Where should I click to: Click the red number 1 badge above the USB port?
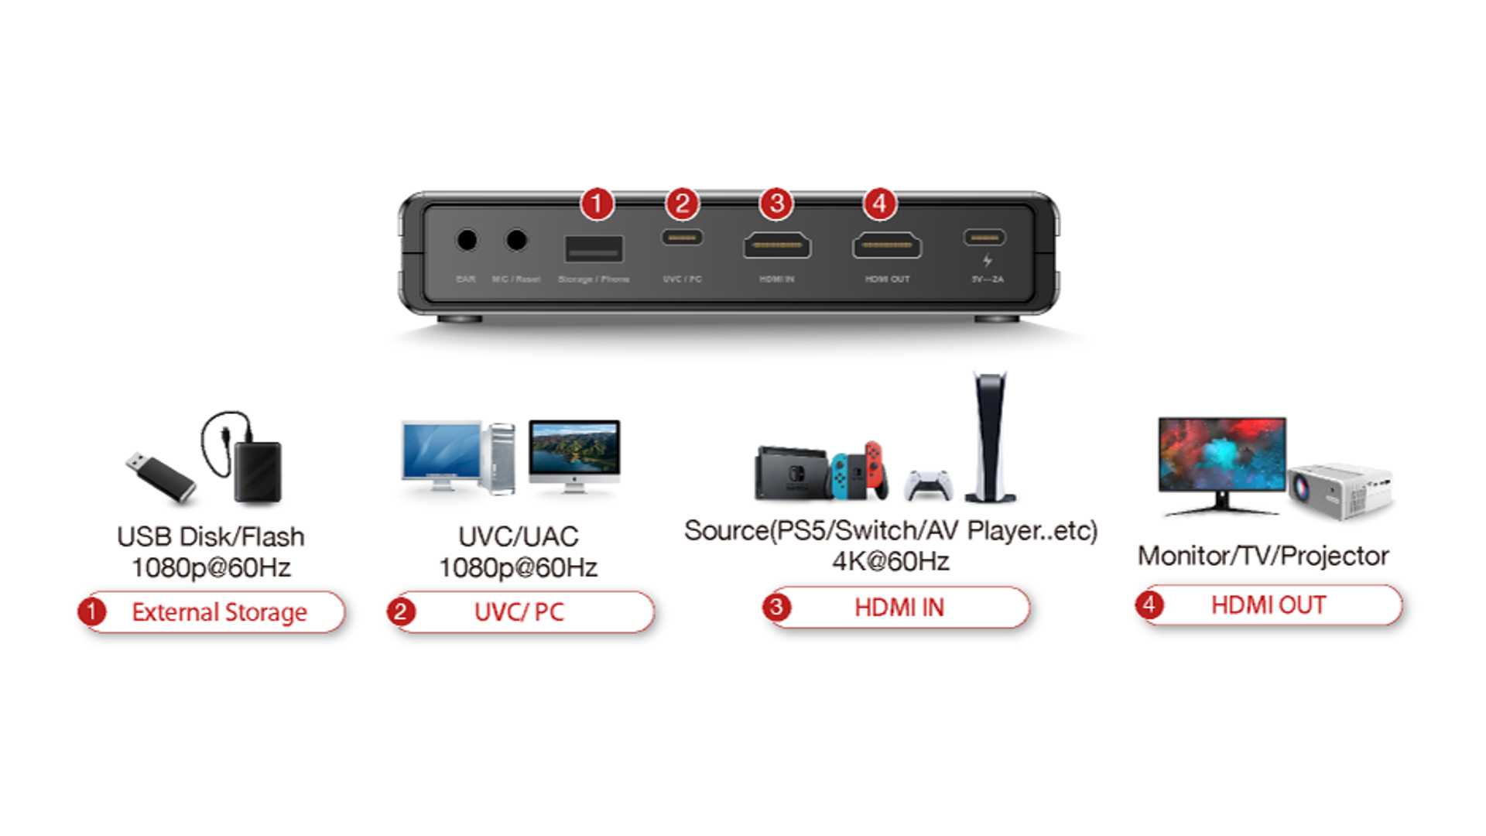click(597, 204)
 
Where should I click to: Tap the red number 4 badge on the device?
click(879, 204)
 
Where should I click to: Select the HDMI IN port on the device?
click(777, 245)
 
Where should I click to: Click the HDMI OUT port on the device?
click(887, 245)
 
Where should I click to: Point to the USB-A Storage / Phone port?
click(594, 248)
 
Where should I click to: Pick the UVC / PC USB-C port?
click(682, 237)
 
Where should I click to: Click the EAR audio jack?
click(466, 240)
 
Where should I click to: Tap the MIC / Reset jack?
click(516, 240)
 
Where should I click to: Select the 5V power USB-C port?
click(984, 237)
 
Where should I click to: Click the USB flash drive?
click(160, 476)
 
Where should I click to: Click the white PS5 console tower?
click(990, 437)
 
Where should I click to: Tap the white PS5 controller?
click(928, 485)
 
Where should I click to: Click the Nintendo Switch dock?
click(792, 472)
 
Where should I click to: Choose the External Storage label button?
click(212, 612)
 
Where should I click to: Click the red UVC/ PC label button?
click(520, 612)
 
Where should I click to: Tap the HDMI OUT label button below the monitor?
click(1269, 605)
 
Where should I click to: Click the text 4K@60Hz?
click(890, 561)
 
